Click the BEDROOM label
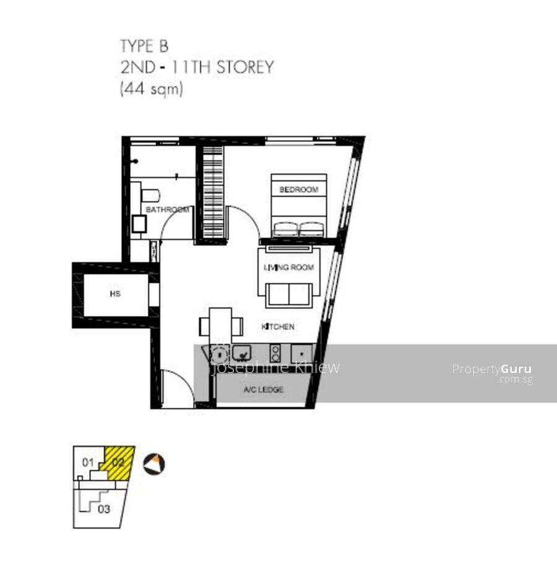pyautogui.click(x=298, y=190)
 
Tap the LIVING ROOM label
pyautogui.click(x=289, y=267)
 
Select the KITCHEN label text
pyautogui.click(x=278, y=327)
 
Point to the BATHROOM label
pyautogui.click(x=167, y=210)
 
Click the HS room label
pyautogui.click(x=115, y=294)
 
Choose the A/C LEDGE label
pyautogui.click(x=264, y=389)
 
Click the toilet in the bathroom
pyautogui.click(x=150, y=195)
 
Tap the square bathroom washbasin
pyautogui.click(x=139, y=224)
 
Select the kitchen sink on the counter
pyautogui.click(x=241, y=353)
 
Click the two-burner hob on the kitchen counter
pyautogui.click(x=275, y=353)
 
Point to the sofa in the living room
pyautogui.click(x=289, y=294)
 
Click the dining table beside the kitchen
pyautogui.click(x=220, y=325)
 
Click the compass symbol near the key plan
pyautogui.click(x=153, y=464)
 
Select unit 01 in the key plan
pyautogui.click(x=88, y=462)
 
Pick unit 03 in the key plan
pyautogui.click(x=104, y=509)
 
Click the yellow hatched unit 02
pyautogui.click(x=118, y=462)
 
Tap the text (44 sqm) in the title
pyautogui.click(x=152, y=89)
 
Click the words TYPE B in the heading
pyautogui.click(x=144, y=46)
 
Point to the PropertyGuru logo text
pyautogui.click(x=492, y=369)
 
